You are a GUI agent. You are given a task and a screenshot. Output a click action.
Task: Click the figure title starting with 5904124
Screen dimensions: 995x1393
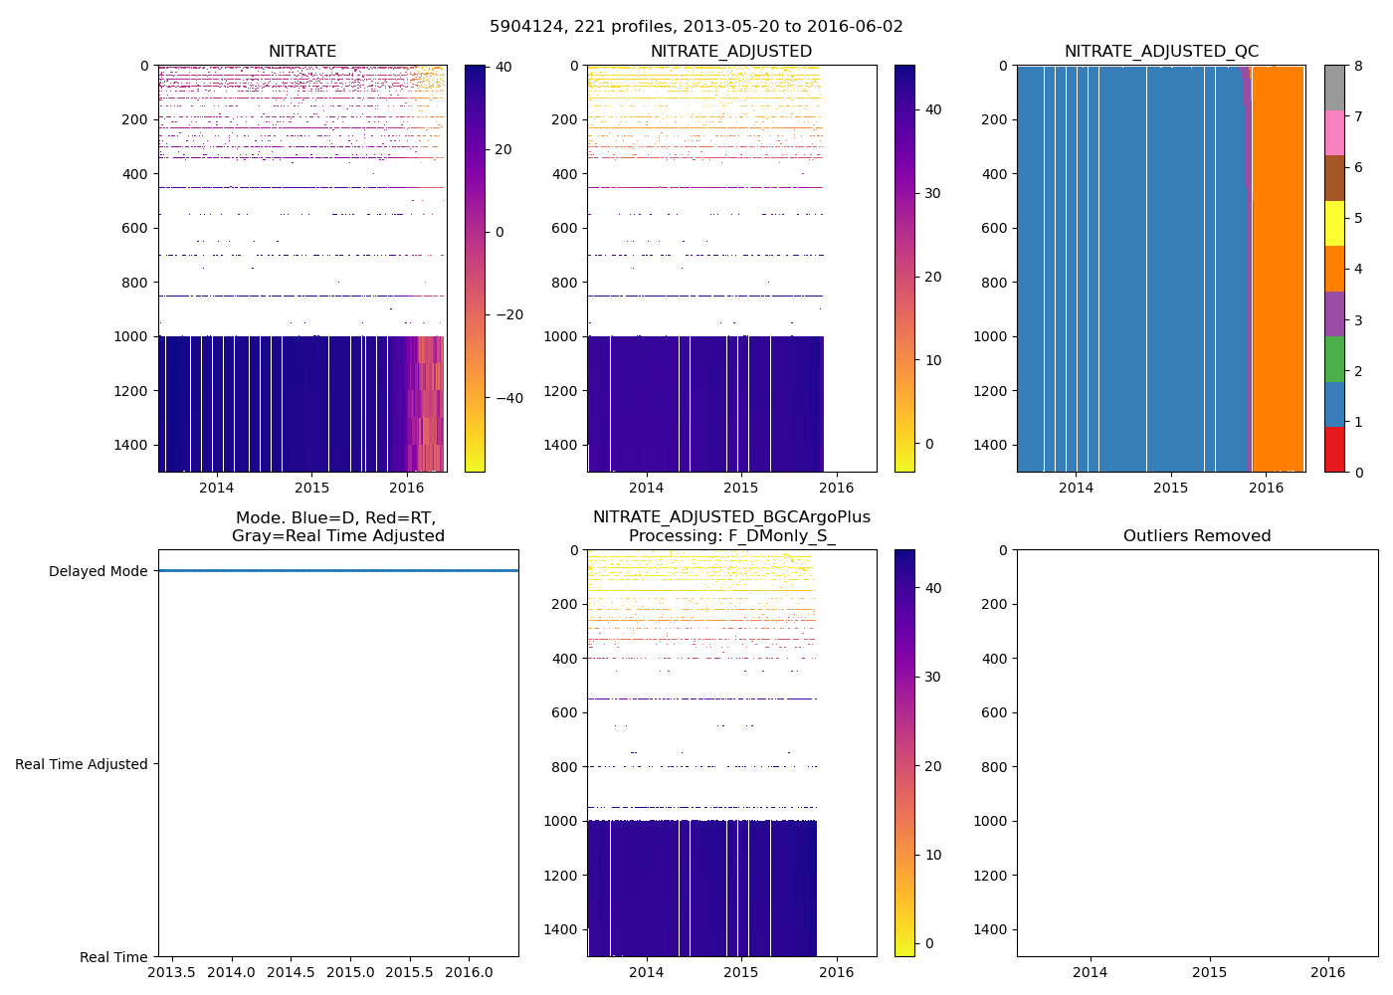click(x=696, y=27)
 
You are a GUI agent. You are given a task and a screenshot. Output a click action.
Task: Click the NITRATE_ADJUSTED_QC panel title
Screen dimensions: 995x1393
click(x=1161, y=52)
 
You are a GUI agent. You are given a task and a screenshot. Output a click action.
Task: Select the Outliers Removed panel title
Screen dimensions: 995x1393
click(x=1197, y=536)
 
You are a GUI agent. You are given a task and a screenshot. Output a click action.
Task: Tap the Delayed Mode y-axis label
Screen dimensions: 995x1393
click(x=98, y=571)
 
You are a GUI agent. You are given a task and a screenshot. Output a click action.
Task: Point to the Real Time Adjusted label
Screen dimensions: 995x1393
click(x=82, y=764)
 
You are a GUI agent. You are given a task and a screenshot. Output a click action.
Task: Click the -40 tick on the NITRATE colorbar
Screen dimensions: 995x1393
click(x=508, y=398)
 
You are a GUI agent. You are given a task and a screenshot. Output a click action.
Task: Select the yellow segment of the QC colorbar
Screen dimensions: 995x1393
click(x=1334, y=224)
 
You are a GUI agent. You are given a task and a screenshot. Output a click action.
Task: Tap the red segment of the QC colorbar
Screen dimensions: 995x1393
click(x=1334, y=450)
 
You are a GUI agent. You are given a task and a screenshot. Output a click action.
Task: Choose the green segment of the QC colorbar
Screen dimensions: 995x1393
click(x=1334, y=359)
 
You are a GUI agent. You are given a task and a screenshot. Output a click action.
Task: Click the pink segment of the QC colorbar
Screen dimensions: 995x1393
click(x=1334, y=133)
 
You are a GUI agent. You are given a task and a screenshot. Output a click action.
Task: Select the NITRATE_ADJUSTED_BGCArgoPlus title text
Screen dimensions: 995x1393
click(x=731, y=517)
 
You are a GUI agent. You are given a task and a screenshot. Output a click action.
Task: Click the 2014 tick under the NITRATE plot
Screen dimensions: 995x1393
click(x=216, y=488)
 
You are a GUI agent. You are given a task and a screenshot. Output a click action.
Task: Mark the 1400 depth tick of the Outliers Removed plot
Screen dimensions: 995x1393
click(x=992, y=928)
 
